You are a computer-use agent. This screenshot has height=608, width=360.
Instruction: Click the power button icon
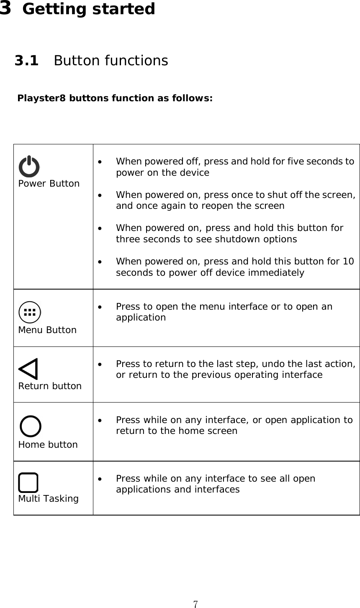pos(29,166)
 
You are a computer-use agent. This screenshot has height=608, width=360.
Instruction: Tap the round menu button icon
pos(30,312)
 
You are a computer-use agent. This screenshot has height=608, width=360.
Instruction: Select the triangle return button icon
pos(28,369)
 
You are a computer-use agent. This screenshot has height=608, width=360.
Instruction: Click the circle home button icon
pos(31,426)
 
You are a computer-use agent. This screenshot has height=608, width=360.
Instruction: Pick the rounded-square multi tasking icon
pos(28,482)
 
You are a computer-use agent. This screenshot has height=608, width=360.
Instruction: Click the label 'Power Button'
pos(49,184)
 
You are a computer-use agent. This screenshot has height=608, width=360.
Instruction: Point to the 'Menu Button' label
pos(47,330)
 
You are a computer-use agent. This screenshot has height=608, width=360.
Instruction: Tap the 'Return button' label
pos(50,386)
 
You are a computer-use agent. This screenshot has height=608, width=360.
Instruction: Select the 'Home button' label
pos(48,444)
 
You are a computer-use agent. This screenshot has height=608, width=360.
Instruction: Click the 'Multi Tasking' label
pos(48,499)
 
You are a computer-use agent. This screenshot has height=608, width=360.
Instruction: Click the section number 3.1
pos(26,61)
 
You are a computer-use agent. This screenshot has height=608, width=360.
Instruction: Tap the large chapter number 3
pos(6,8)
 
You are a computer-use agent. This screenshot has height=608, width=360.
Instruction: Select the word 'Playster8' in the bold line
pos(41,99)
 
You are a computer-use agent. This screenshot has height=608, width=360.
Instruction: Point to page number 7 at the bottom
pos(195,604)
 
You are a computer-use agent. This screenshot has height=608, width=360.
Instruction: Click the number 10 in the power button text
pos(348,262)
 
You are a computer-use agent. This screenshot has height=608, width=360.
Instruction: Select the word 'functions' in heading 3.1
pos(136,61)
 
